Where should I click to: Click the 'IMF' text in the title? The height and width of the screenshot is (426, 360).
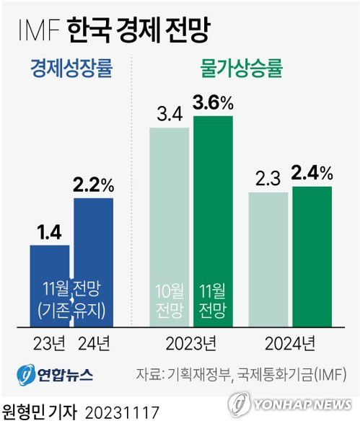pos(36,30)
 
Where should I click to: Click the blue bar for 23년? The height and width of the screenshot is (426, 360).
pos(50,285)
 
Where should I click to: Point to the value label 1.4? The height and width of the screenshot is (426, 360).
pos(50,232)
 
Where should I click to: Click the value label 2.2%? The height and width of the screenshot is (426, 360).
pos(94,185)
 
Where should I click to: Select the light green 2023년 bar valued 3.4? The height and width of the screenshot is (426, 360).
pos(169,226)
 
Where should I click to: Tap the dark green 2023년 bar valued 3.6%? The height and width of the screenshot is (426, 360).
pos(213,220)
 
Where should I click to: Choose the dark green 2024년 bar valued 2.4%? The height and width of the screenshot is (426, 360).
pos(312,256)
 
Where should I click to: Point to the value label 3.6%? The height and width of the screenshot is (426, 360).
pos(213,104)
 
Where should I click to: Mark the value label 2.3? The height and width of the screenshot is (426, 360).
pos(268,177)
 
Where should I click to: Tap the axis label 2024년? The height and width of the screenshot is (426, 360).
pos(289,341)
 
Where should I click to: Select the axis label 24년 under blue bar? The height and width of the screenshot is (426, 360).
pos(94,341)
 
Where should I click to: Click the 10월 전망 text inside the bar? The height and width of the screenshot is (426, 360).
pos(169,302)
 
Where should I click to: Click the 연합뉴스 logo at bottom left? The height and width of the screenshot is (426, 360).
pos(55,375)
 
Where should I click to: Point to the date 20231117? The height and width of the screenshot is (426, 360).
pos(122,412)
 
